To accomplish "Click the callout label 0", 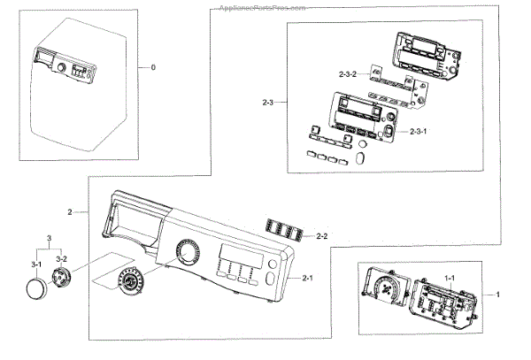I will click(152, 67).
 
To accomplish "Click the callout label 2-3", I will click(269, 103).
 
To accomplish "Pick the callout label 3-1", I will click(38, 264).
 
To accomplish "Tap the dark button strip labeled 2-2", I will click(285, 231).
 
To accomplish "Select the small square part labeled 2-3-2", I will click(377, 78).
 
